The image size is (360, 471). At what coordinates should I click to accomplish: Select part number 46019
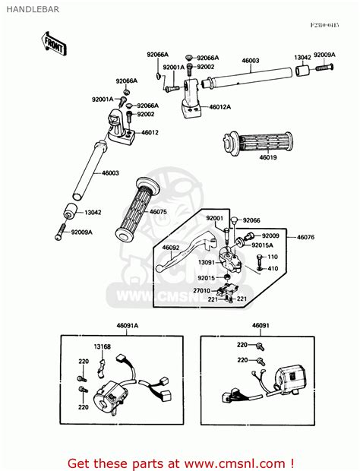click(269, 157)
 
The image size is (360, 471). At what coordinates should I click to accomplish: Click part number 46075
click(158, 212)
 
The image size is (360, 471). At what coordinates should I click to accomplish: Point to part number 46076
click(305, 238)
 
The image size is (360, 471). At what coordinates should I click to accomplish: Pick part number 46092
click(171, 248)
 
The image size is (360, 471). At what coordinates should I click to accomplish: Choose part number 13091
click(205, 263)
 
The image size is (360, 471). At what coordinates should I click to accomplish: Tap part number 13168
click(103, 347)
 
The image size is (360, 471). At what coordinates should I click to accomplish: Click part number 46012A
click(221, 108)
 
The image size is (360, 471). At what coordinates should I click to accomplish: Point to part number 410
click(273, 268)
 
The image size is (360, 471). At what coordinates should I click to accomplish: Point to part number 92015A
click(263, 245)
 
